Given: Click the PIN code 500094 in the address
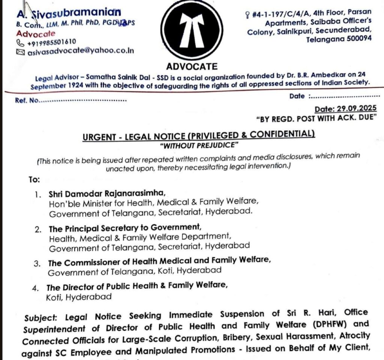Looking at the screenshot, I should pyautogui.click(x=357, y=39).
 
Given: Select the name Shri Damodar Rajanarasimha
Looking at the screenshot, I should pyautogui.click(x=107, y=194).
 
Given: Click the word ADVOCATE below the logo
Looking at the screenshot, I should pyautogui.click(x=191, y=67).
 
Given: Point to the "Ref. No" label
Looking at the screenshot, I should pyautogui.click(x=27, y=100).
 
